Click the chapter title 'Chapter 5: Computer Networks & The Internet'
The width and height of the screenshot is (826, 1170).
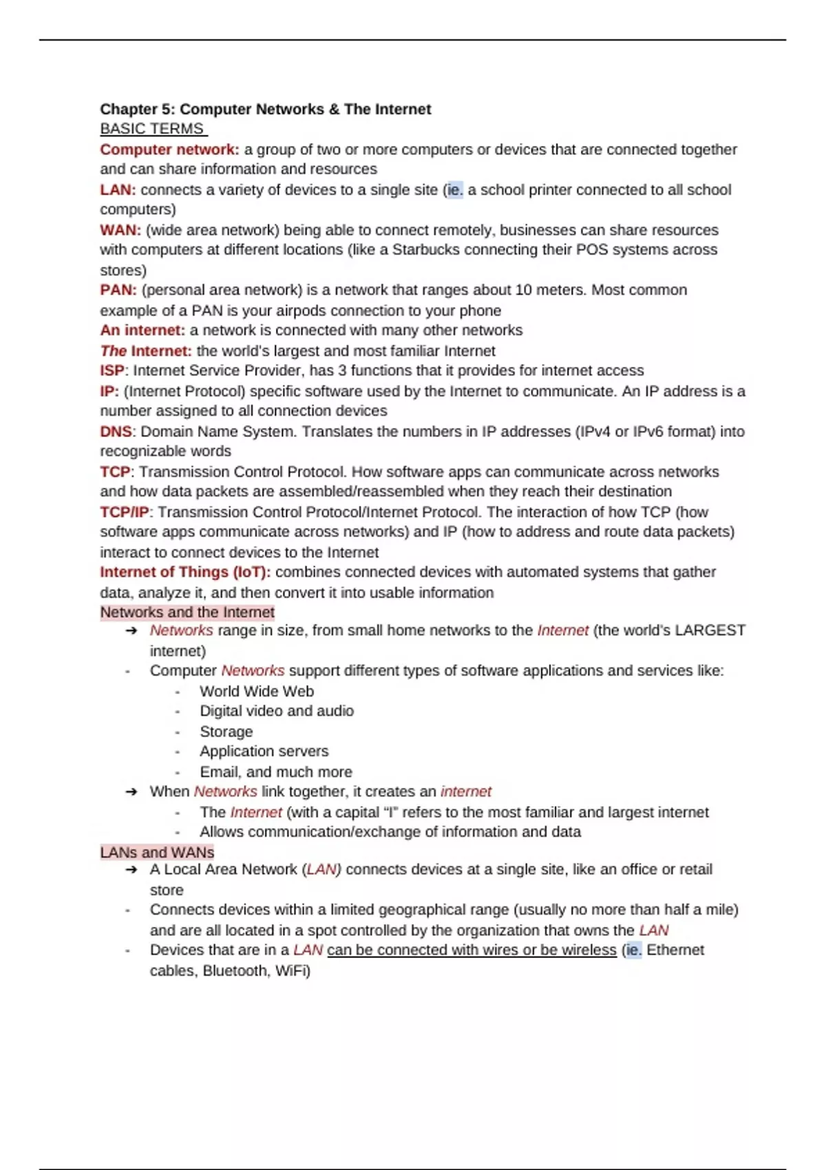(x=265, y=109)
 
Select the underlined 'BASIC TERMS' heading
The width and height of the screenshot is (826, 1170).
(x=152, y=129)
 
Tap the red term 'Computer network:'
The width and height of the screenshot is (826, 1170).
(x=169, y=149)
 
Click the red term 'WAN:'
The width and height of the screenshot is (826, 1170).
(x=120, y=230)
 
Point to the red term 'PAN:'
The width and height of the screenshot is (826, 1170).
(x=118, y=290)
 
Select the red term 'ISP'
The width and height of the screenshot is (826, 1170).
(x=112, y=370)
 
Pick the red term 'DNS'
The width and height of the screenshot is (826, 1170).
(x=115, y=432)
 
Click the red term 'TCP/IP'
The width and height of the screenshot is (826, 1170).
(x=124, y=512)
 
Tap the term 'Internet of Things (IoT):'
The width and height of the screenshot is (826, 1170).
(x=185, y=572)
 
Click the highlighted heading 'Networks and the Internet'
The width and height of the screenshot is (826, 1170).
(x=187, y=612)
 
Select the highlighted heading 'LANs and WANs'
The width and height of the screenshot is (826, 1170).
(x=157, y=852)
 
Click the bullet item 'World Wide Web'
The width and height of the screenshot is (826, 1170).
(x=257, y=691)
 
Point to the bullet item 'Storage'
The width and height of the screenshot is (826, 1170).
(x=226, y=732)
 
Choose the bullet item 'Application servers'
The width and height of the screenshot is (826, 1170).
(x=264, y=751)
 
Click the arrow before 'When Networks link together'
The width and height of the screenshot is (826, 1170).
(x=131, y=792)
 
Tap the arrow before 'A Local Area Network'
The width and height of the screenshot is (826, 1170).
(x=131, y=870)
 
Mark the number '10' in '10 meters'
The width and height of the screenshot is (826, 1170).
(x=523, y=290)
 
